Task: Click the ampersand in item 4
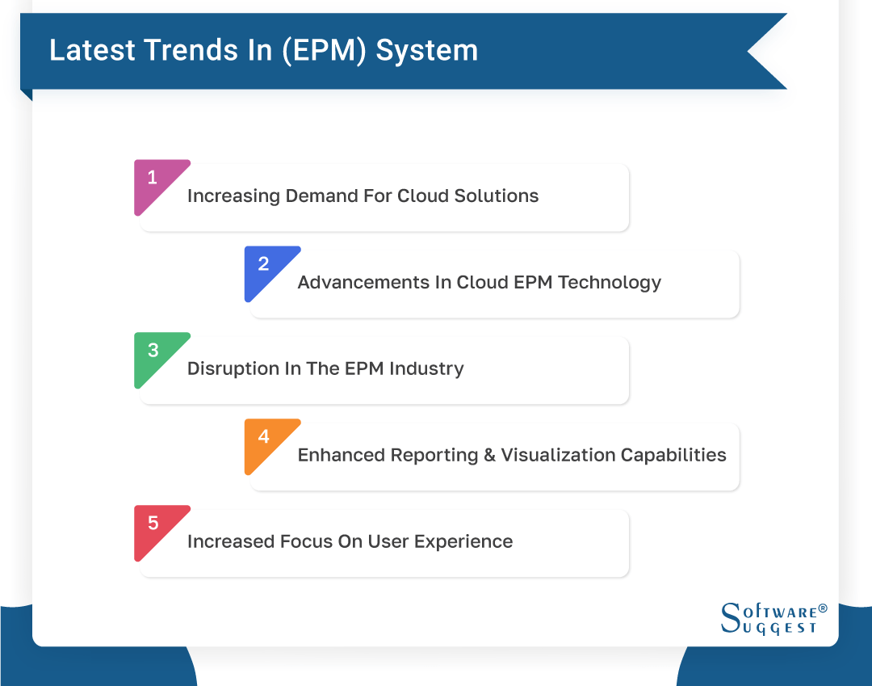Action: click(x=489, y=456)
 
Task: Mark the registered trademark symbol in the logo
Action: click(x=823, y=608)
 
